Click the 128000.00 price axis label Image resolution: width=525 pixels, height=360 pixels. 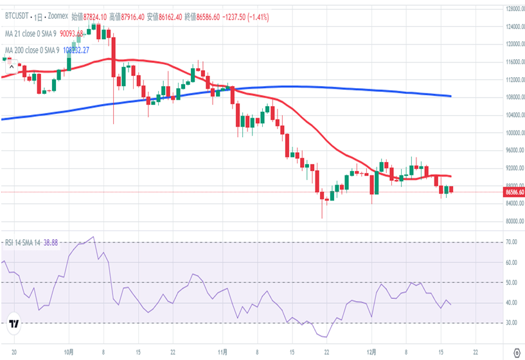pyautogui.click(x=513, y=9)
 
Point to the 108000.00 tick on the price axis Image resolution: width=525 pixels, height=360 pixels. pyautogui.click(x=513, y=98)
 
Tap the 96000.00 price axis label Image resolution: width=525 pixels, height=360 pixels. pyautogui.click(x=513, y=150)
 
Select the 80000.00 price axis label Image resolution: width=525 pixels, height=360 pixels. pyautogui.click(x=513, y=221)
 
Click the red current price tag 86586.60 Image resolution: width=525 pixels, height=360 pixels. pyautogui.click(x=513, y=192)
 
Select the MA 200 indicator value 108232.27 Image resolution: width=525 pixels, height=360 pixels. pyautogui.click(x=76, y=50)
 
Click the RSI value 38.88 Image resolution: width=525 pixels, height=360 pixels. pyautogui.click(x=51, y=242)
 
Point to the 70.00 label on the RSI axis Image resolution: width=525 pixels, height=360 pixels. pyautogui.click(x=511, y=242)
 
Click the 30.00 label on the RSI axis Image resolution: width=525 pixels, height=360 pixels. pyautogui.click(x=511, y=323)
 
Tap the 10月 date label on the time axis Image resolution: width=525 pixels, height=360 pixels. pyautogui.click(x=71, y=352)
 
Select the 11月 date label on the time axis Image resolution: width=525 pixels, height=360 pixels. pyautogui.click(x=222, y=352)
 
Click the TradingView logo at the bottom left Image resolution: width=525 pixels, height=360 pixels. pyautogui.click(x=13, y=325)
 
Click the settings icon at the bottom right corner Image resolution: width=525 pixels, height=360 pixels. pyautogui.click(x=517, y=352)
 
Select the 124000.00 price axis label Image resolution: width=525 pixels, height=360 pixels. pyautogui.click(x=513, y=27)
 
